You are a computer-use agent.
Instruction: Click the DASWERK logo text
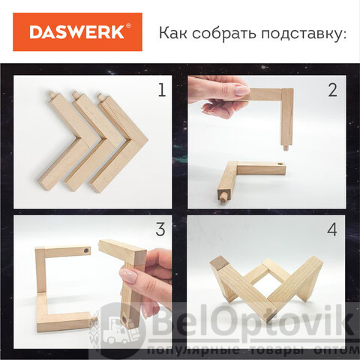click(77, 32)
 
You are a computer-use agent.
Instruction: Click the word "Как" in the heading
click(173, 33)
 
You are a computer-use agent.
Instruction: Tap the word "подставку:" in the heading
click(304, 34)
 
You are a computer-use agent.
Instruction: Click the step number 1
click(162, 90)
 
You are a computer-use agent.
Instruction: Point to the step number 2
click(332, 90)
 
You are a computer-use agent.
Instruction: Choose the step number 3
click(160, 229)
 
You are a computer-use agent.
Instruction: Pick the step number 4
click(332, 229)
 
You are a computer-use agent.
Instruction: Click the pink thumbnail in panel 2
click(242, 90)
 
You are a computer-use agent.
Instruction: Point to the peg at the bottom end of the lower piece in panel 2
click(223, 196)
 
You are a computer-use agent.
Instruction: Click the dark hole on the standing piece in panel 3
click(86, 250)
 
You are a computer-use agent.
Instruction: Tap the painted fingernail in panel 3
click(128, 275)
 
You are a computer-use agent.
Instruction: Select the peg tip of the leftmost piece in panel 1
click(51, 94)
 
